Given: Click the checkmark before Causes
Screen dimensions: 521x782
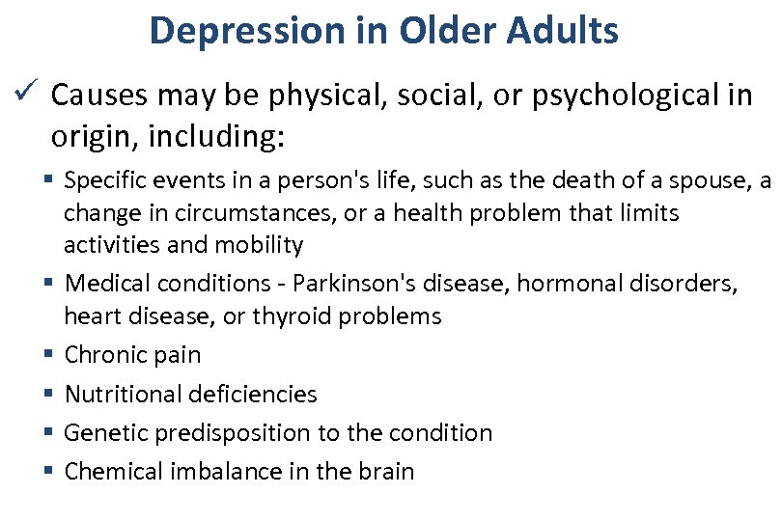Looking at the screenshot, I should pos(28,95).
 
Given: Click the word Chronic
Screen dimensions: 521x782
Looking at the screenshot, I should pos(105,355).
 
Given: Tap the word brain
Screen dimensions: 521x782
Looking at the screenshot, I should pos(385,472).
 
